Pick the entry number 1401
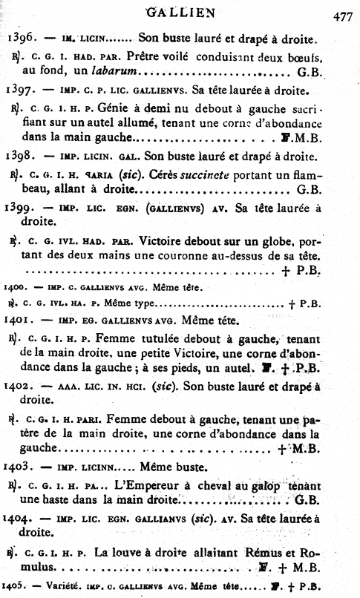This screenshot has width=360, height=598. (16, 321)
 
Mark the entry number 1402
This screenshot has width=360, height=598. (18, 386)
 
